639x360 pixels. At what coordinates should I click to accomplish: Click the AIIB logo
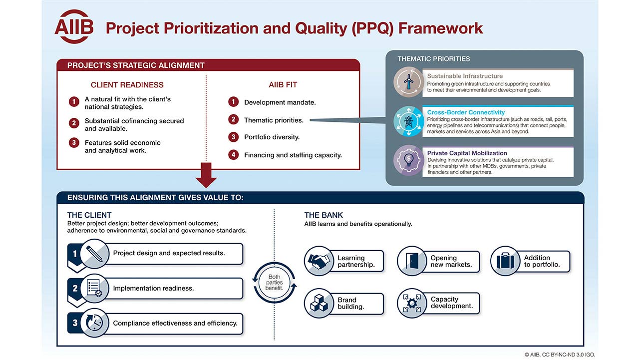click(74, 27)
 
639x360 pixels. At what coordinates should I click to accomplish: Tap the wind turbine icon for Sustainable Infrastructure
click(408, 82)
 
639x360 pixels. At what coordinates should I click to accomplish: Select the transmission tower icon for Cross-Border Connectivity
click(408, 121)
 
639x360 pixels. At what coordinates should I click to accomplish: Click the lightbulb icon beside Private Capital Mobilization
click(408, 160)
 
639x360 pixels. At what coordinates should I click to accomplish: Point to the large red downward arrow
click(206, 175)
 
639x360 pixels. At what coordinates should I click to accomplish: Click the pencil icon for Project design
click(94, 254)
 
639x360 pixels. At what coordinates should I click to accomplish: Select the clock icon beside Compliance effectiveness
click(94, 323)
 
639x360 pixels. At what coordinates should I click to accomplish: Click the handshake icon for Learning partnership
click(319, 261)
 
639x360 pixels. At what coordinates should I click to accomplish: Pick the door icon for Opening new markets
click(412, 261)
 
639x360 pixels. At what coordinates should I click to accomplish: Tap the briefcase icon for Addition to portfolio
click(505, 261)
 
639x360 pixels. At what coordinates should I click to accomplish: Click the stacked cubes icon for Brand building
click(319, 303)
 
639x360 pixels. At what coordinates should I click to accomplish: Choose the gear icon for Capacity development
click(412, 303)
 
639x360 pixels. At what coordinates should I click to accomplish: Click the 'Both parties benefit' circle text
click(274, 283)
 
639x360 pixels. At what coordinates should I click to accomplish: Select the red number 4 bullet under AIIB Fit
click(233, 155)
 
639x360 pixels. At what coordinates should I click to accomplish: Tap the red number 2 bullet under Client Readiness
click(74, 123)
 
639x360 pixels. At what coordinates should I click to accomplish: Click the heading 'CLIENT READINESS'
click(127, 85)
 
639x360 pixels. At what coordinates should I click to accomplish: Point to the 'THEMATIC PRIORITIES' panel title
click(434, 59)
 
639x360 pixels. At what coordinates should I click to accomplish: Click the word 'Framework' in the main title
click(440, 28)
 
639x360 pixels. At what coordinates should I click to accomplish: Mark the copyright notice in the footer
click(560, 355)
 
